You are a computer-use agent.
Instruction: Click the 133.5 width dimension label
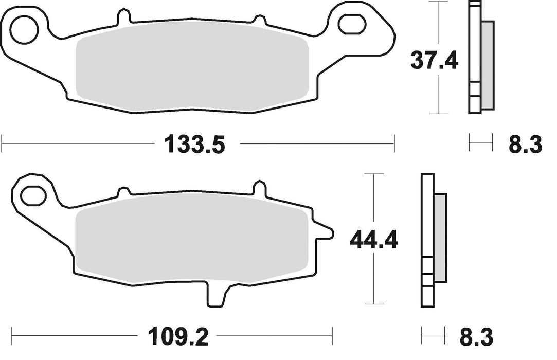pyautogui.click(x=195, y=145)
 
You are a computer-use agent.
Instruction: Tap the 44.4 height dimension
pyautogui.click(x=373, y=240)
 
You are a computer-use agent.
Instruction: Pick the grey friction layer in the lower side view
pyautogui.click(x=441, y=239)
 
